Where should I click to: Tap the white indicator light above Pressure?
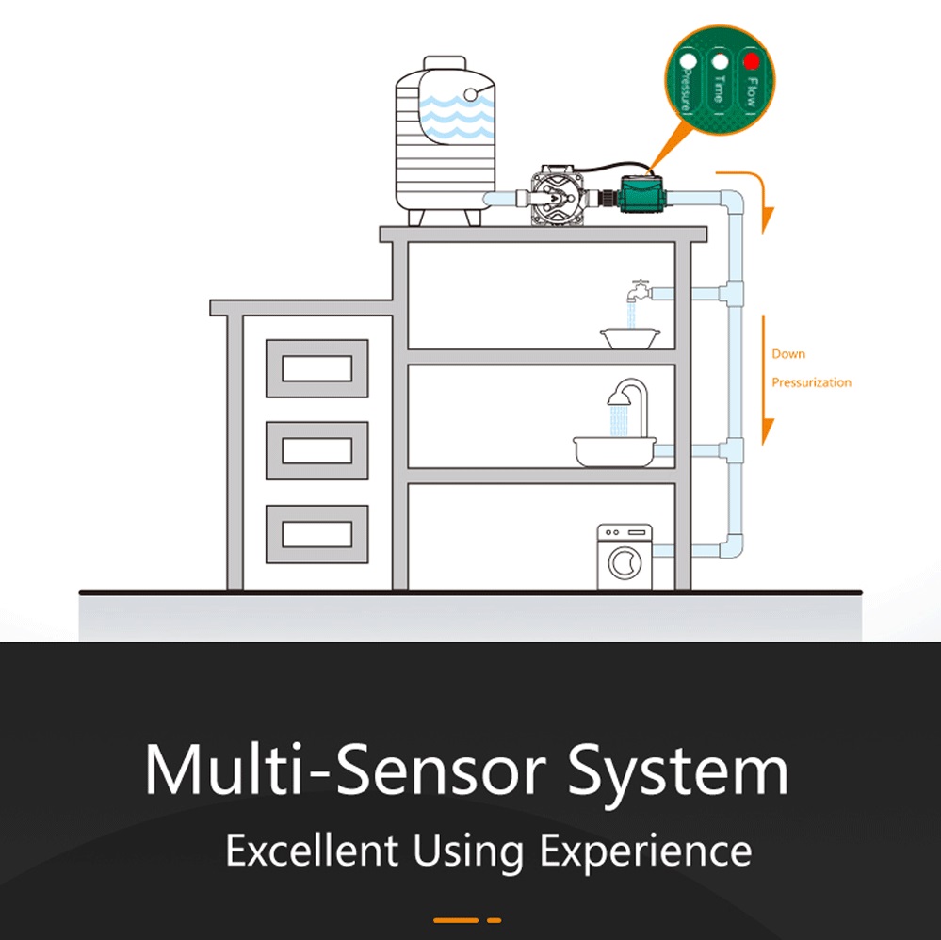pos(688,61)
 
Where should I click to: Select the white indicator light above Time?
pos(720,61)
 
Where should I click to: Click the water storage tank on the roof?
pos(446,141)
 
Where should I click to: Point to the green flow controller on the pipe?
pos(641,193)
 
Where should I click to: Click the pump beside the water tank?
pos(558,195)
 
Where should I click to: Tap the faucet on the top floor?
pos(639,291)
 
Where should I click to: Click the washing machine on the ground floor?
pos(625,557)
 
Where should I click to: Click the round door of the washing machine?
pos(625,562)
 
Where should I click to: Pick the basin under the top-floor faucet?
pos(630,338)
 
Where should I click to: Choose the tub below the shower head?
pos(614,451)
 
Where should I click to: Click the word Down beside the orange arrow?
pos(788,354)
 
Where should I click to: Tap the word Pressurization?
pos(811,382)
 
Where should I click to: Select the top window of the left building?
pos(316,368)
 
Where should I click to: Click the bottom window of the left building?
pos(316,534)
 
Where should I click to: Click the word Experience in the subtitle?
pos(646,851)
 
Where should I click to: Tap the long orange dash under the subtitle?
pos(456,920)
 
